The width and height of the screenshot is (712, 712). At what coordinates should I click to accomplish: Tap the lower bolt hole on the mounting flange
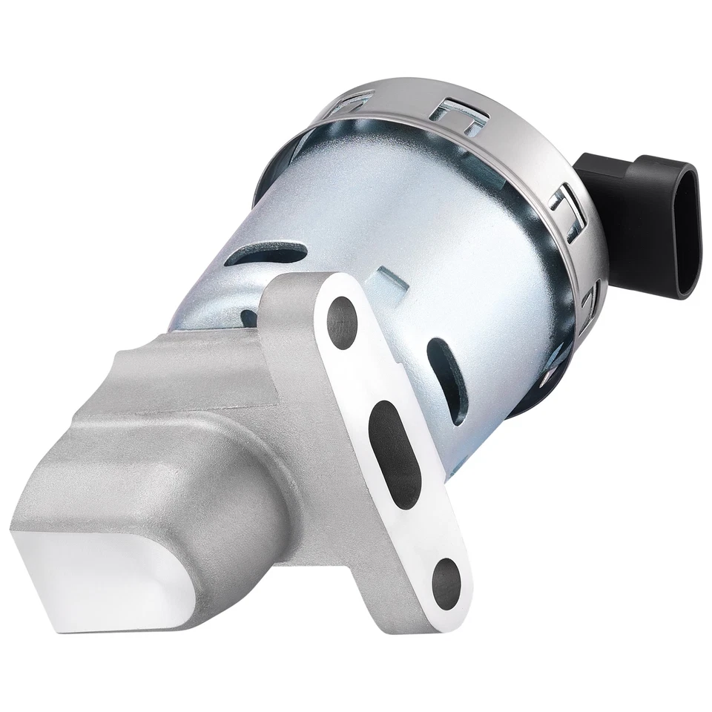tap(447, 575)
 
